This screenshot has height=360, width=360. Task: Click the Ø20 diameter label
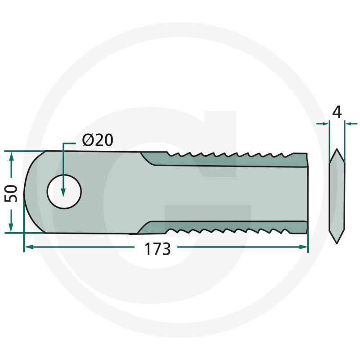(98, 140)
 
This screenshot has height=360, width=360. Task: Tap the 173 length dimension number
(157, 249)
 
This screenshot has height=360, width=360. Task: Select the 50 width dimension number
(11, 193)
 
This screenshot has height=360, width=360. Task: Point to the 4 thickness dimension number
(337, 112)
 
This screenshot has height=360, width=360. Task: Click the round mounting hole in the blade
(64, 192)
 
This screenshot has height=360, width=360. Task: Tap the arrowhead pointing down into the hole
(63, 193)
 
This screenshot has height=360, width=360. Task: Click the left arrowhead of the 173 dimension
(28, 247)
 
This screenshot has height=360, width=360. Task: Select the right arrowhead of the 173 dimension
(303, 247)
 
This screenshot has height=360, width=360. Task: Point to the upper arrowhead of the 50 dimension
(11, 156)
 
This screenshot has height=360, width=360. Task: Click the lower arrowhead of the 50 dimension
(11, 228)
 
